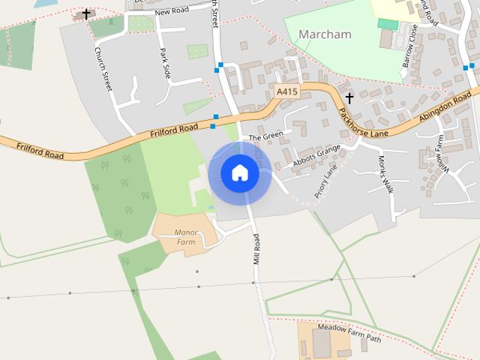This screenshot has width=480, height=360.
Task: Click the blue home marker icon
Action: pos(239,173)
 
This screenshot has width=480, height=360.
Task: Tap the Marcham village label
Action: pos(324,34)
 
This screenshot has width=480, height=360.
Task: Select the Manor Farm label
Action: pos(184,237)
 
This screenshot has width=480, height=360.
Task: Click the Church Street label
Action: pos(103,69)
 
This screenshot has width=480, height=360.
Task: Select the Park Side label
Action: pos(166,64)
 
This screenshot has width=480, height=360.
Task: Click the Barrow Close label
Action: pos(409,45)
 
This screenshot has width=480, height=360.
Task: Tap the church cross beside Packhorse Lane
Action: pos(349,98)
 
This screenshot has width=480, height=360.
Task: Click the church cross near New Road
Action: pos(86,13)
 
